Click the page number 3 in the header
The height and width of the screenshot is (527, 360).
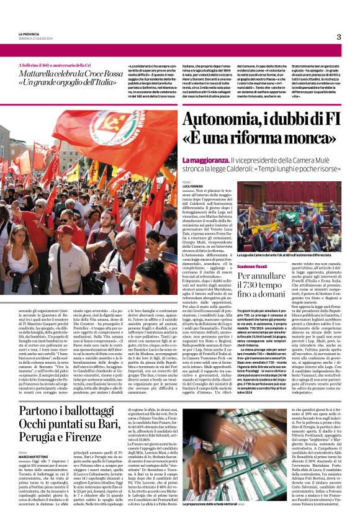338,37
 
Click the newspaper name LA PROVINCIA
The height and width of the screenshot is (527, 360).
30,34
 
